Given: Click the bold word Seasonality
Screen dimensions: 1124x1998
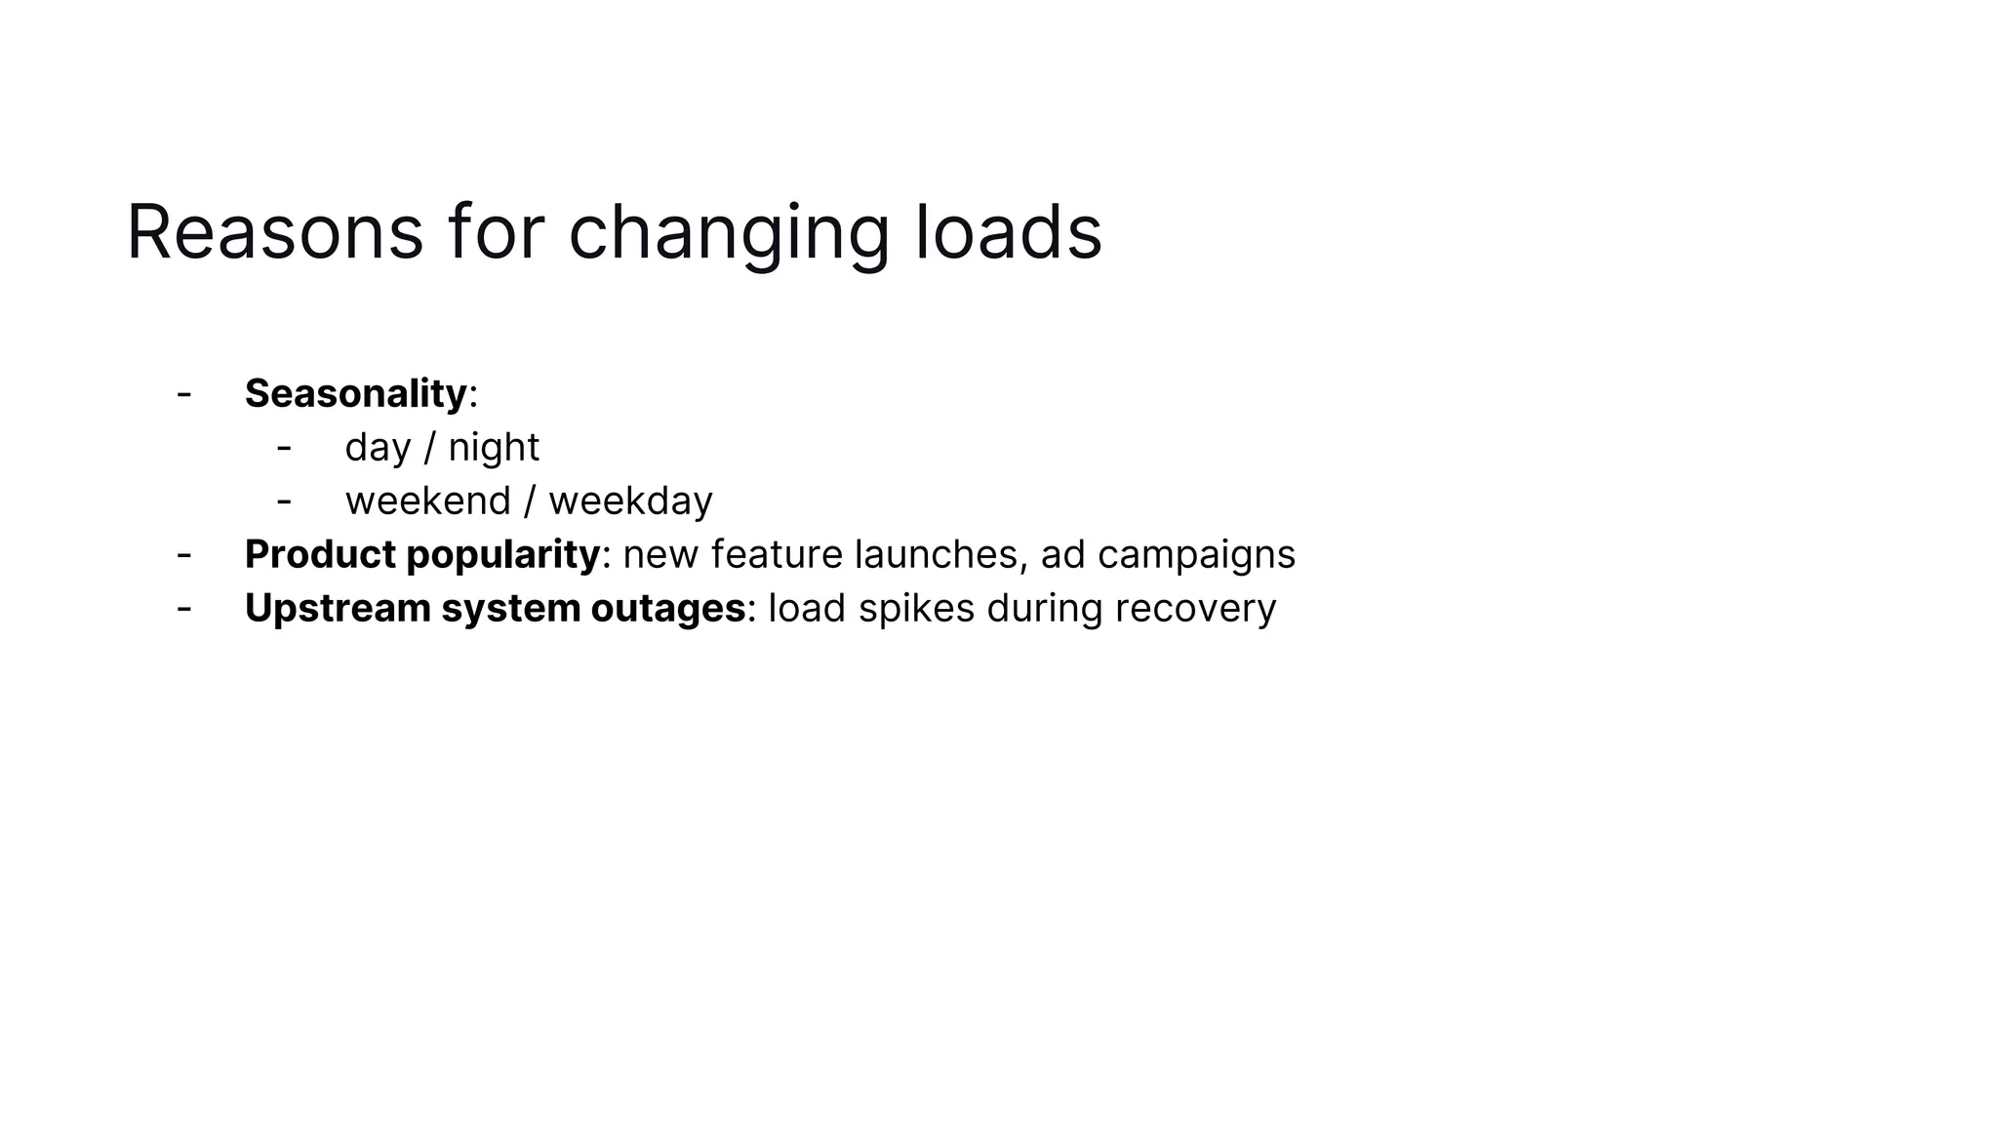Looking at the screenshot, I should point(356,393).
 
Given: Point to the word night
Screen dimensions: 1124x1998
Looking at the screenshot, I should point(494,447).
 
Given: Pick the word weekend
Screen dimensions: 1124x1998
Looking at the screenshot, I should point(428,501).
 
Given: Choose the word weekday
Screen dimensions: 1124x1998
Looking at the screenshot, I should point(630,501).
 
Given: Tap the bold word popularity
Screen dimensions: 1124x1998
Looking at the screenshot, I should point(502,554).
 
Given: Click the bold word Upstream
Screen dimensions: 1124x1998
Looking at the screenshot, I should point(338,608).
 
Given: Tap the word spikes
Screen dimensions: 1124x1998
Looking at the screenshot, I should point(916,608).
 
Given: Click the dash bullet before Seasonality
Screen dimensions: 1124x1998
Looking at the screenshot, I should point(183,394).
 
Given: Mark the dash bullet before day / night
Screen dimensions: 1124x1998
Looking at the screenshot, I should point(284,448).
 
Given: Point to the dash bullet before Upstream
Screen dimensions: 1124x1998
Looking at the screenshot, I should point(183,609).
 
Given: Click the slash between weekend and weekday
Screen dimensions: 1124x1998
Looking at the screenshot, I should point(530,501).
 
